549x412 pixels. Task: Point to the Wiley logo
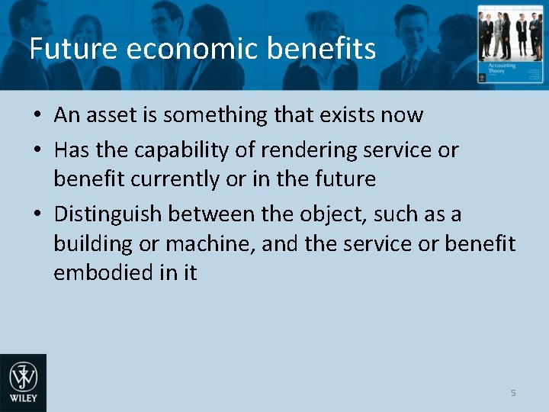23,382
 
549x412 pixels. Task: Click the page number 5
513,393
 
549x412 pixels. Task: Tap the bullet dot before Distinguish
37,215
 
